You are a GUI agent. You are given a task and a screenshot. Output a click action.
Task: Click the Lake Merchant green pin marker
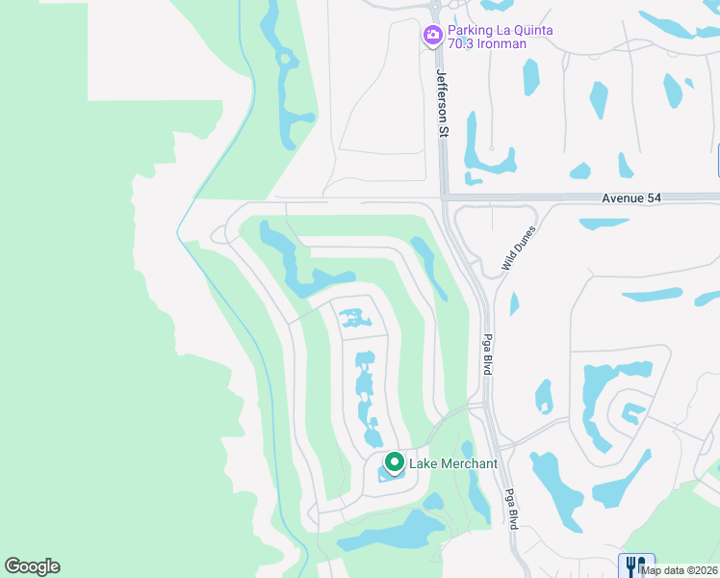(393, 461)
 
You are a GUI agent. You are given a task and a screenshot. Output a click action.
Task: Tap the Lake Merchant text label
(453, 464)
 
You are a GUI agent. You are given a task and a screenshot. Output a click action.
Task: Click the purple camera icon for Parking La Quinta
(433, 36)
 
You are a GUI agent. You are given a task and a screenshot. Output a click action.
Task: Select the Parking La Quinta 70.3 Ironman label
(501, 37)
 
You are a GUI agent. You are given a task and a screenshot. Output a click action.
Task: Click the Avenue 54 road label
(631, 197)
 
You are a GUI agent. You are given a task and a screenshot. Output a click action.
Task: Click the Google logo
(32, 566)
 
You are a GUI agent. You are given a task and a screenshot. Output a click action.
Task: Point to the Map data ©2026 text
(680, 570)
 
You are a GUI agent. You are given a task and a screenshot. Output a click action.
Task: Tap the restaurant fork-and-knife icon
(635, 565)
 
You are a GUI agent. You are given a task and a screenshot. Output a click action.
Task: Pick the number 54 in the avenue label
(655, 197)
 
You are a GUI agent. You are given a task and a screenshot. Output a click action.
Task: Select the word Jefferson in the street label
(443, 92)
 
